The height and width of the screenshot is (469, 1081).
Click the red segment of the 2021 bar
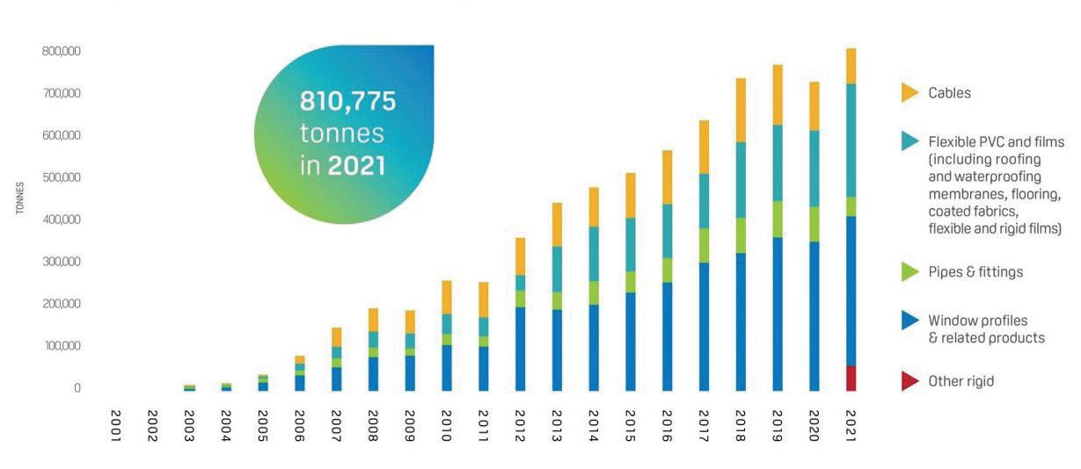pyautogui.click(x=851, y=378)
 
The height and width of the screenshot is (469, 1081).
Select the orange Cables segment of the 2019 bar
pyautogui.click(x=778, y=95)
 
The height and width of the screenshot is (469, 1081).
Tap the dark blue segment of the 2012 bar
pyautogui.click(x=520, y=349)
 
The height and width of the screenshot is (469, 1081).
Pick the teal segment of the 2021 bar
pyautogui.click(x=851, y=141)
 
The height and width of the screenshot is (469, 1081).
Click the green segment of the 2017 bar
pyautogui.click(x=704, y=245)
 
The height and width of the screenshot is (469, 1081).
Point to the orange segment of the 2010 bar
pyautogui.click(x=447, y=298)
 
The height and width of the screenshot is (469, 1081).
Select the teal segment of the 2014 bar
pyautogui.click(x=594, y=254)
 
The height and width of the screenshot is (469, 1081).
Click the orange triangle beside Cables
pyautogui.click(x=909, y=92)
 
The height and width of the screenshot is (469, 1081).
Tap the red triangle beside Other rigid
pyautogui.click(x=909, y=381)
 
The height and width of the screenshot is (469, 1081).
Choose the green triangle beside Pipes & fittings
pyautogui.click(x=909, y=272)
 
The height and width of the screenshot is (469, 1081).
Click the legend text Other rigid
pyautogui.click(x=960, y=381)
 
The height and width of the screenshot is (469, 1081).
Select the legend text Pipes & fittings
pyautogui.click(x=975, y=272)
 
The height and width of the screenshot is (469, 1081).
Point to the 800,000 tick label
pyautogui.click(x=61, y=51)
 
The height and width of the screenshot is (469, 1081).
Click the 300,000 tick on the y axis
pyautogui.click(x=61, y=262)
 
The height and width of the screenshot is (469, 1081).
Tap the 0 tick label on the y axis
pyautogui.click(x=77, y=388)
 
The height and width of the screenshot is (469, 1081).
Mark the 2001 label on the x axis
pyautogui.click(x=116, y=426)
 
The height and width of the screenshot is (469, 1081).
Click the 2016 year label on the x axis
pyautogui.click(x=667, y=426)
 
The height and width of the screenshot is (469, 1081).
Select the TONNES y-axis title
pyautogui.click(x=19, y=198)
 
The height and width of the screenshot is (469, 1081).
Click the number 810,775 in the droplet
pyautogui.click(x=347, y=101)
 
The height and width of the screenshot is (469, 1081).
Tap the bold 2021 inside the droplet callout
pyautogui.click(x=356, y=166)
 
